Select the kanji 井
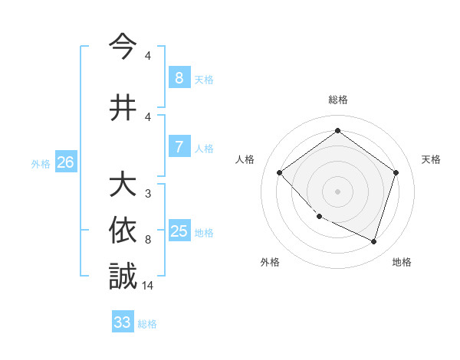pos(123,108)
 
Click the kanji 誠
pos(123,277)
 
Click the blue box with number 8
pos(179,78)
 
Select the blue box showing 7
pos(179,147)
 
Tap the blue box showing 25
pos(179,231)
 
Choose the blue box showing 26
pos(65,162)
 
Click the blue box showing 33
pos(123,322)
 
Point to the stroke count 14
pos(149,286)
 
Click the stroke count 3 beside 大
pos(147,194)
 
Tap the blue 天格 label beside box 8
pos(204,80)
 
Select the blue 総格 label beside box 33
pos(148,324)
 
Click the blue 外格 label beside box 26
pos(41,164)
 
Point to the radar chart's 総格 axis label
pos(338,100)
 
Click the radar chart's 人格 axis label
pos(245,159)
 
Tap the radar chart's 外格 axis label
pos(270,262)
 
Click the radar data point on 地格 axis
pos(374,242)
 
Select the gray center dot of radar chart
pos(338,191)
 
